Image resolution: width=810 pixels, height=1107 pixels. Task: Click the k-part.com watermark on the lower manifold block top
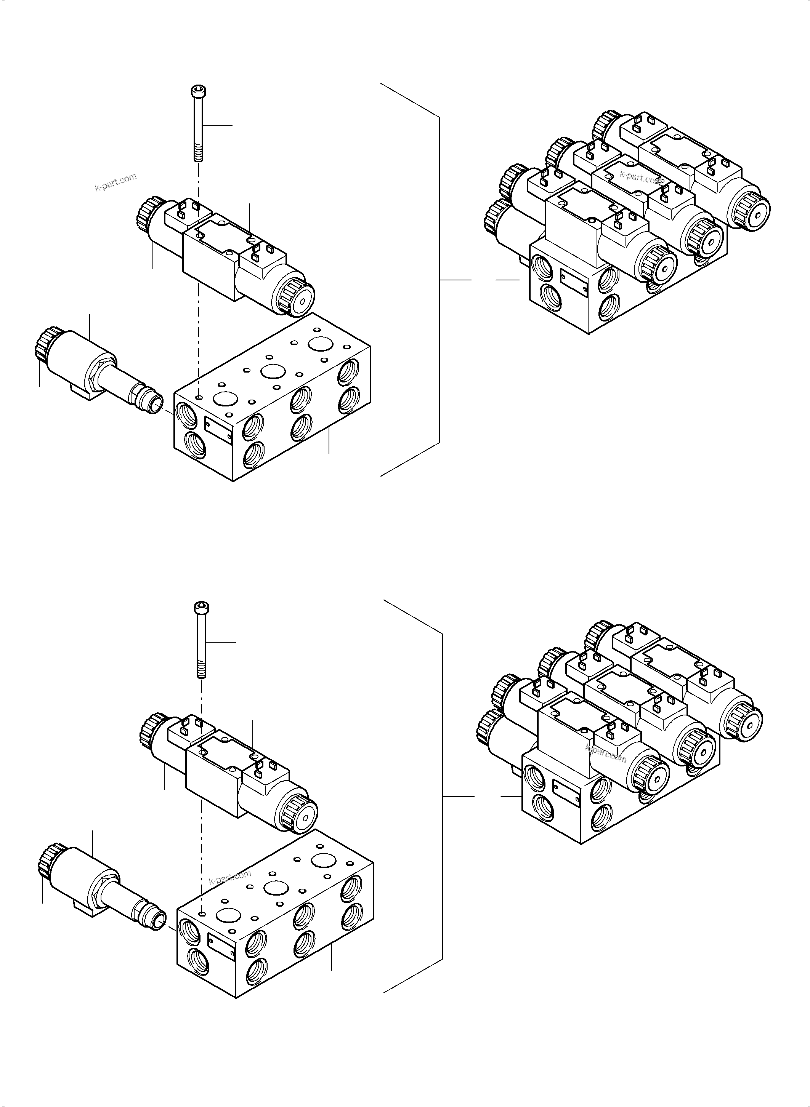[229, 877]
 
